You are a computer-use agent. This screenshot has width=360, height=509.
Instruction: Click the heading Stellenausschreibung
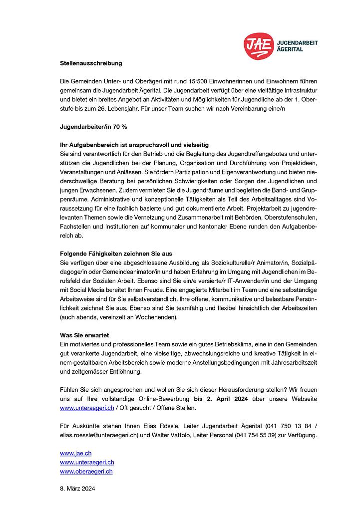[x=91, y=63]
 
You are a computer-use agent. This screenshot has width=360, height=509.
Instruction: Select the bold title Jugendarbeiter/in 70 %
[x=93, y=127]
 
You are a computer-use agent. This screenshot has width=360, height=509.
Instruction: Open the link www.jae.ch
[x=75, y=453]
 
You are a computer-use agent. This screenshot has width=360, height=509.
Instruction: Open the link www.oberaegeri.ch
[x=86, y=471]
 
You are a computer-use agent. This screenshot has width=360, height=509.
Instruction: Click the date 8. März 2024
[x=77, y=489]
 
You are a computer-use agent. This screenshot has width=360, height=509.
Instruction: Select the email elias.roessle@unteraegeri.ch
[x=99, y=435]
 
